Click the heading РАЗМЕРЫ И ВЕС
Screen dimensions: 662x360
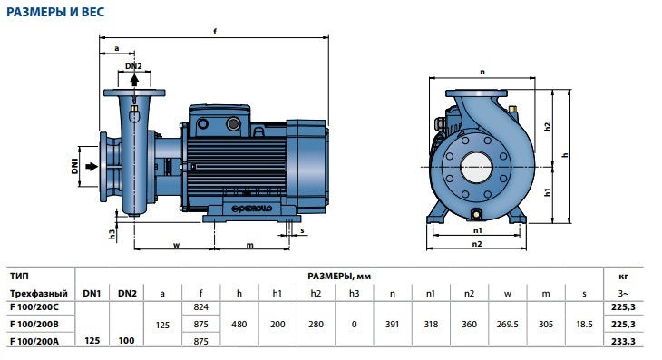pos(55,12)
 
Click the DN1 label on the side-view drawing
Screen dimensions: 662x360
pos(74,166)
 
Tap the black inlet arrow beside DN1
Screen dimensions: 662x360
pos(92,167)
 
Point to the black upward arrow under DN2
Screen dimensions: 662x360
pos(134,80)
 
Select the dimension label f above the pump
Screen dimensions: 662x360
pos(215,31)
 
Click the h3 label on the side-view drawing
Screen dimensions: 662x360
pos(112,234)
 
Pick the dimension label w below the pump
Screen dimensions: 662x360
pos(177,245)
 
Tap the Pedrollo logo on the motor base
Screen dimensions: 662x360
pos(251,209)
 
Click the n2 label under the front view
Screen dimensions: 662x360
pos(477,244)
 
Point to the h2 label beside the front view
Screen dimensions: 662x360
pos(548,126)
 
